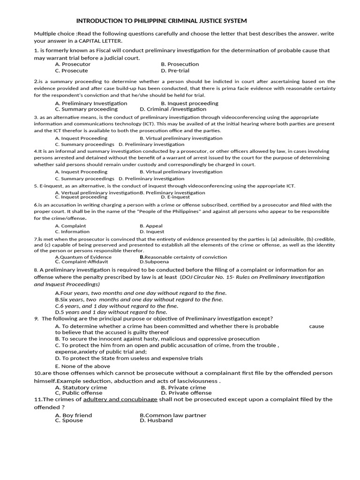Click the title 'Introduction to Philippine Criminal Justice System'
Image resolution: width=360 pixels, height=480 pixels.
(x=161, y=21)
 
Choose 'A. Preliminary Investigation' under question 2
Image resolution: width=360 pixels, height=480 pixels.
(x=91, y=103)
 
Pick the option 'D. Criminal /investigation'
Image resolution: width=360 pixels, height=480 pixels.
(x=173, y=109)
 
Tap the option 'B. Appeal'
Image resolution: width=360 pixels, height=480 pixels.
(x=151, y=226)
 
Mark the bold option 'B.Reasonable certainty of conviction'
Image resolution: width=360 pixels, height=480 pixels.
(x=183, y=257)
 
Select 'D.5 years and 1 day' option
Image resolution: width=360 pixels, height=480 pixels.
(x=111, y=312)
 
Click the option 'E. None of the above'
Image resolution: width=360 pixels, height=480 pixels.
(x=82, y=366)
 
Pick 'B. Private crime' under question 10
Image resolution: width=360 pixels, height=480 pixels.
(x=183, y=388)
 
